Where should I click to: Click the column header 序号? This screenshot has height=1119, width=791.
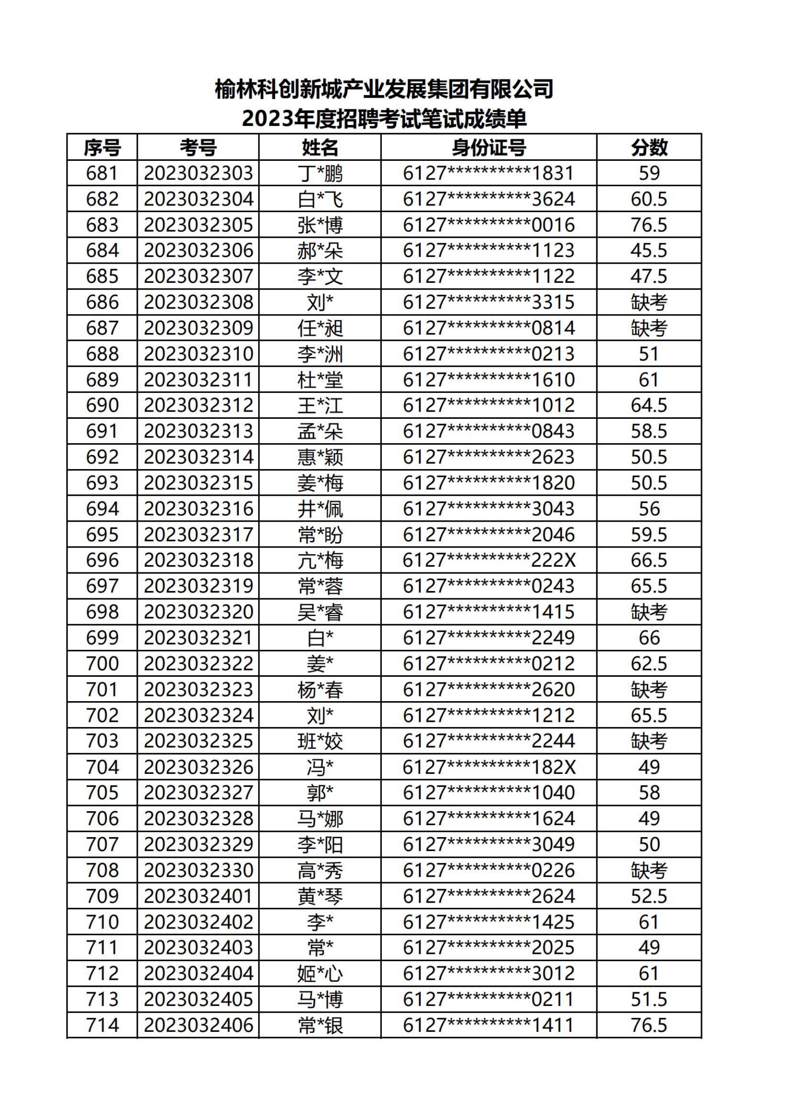point(102,147)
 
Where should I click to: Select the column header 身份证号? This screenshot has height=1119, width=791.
point(489,147)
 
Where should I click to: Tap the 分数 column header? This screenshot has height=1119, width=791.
point(649,147)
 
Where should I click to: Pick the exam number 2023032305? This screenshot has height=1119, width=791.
point(199,225)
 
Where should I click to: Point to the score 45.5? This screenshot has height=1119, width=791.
point(649,250)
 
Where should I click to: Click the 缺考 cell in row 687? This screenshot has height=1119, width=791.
point(649,328)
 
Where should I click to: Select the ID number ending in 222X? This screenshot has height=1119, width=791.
point(489,560)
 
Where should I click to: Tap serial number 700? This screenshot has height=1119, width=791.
point(102,664)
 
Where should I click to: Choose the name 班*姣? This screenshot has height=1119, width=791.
point(320,741)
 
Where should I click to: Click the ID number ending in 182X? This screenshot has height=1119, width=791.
point(489,767)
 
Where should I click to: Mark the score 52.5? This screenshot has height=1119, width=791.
point(649,896)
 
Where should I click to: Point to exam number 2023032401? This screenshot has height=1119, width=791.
point(199,896)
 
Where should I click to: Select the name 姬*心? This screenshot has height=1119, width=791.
point(320,974)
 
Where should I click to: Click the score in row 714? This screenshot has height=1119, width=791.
point(649,1025)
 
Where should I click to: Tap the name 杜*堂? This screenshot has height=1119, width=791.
point(320,380)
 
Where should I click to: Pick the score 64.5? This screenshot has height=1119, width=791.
point(649,405)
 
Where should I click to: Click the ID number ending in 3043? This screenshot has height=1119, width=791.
point(489,509)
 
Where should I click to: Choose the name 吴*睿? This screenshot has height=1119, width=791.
point(320,612)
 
